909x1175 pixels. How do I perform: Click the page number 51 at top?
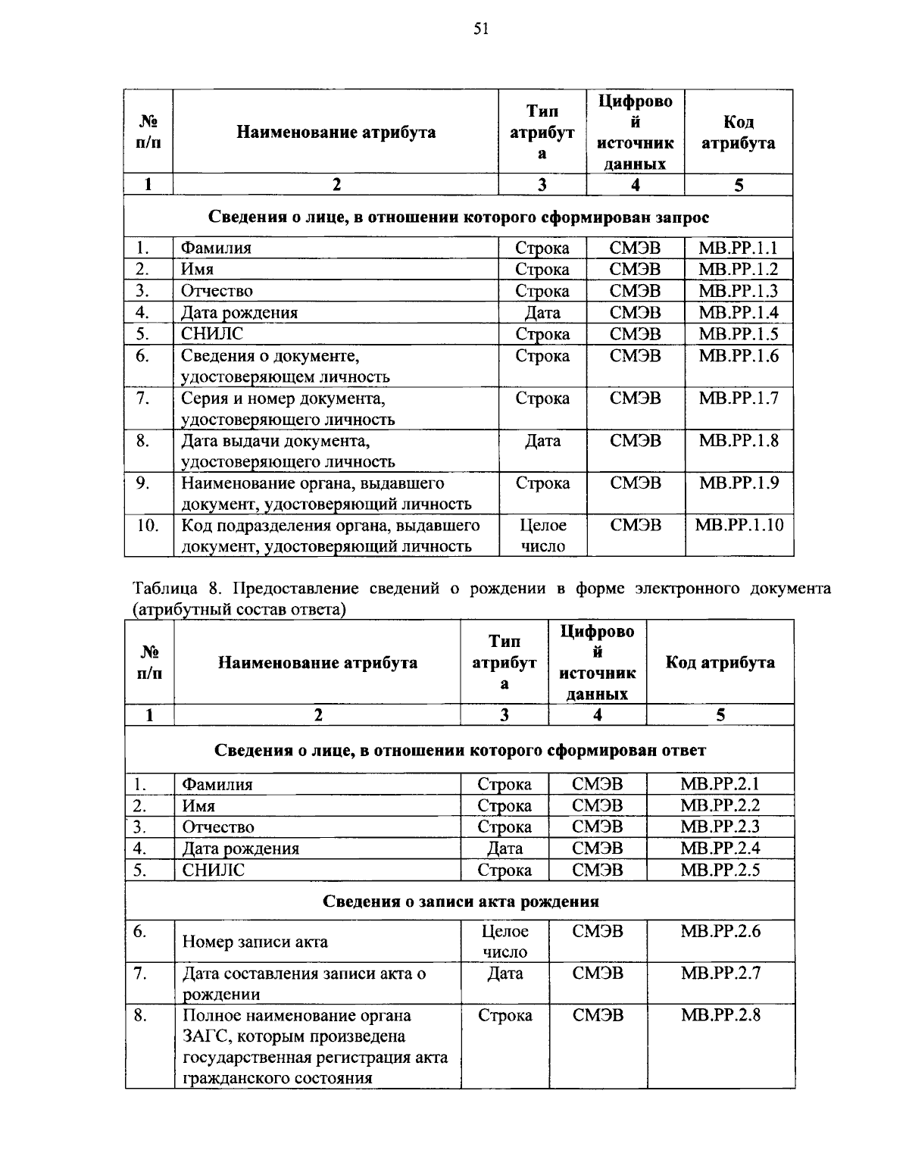pos(481,29)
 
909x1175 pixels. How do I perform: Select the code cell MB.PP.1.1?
pos(738,248)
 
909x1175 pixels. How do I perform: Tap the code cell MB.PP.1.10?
pos(739,525)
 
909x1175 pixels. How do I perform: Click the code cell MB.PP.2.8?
pos(720,1015)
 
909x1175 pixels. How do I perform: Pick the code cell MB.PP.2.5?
pos(720,870)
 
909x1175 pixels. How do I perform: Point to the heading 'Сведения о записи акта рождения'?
pos(461,902)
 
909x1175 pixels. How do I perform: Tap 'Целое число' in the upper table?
pos(542,536)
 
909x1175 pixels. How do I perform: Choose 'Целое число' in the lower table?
pos(504,941)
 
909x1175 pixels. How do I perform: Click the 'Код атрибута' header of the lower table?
pos(720,662)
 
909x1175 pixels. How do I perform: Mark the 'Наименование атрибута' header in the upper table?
pos(336,133)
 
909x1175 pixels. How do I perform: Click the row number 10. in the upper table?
pos(148,525)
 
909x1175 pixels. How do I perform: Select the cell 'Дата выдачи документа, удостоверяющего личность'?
pos(288,451)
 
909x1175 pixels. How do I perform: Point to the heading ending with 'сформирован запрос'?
pos(458,217)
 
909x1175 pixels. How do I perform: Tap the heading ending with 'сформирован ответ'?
pos(460,750)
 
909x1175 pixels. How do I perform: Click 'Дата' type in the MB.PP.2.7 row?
pos(504,973)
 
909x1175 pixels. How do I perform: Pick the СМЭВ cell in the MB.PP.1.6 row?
pos(635,356)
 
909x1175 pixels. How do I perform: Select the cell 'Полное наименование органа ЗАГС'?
pos(314,1045)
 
